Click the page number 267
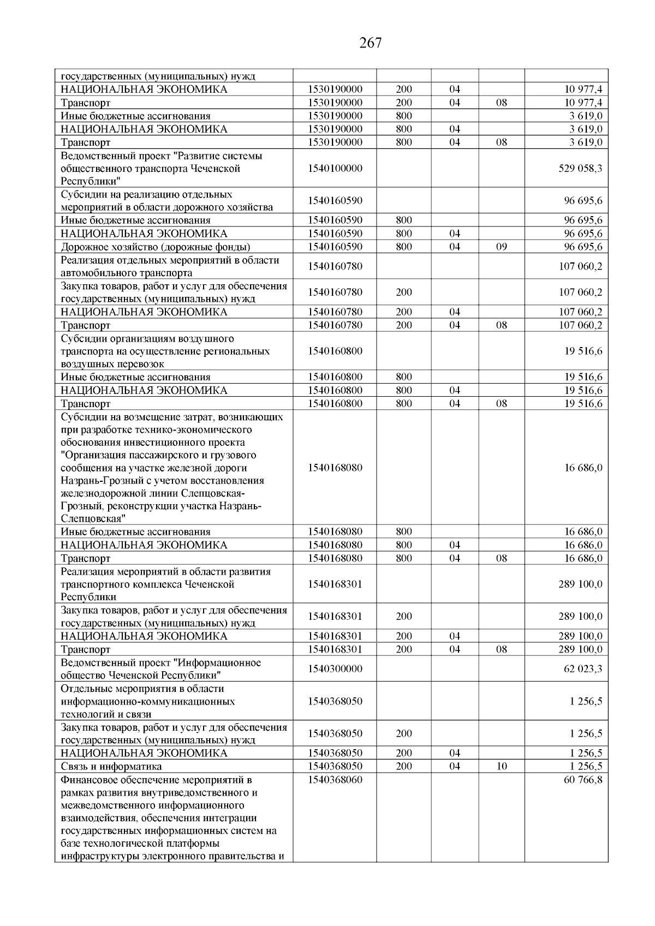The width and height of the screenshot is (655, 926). pyautogui.click(x=371, y=43)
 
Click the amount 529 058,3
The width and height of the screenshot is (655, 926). pyautogui.click(x=580, y=169)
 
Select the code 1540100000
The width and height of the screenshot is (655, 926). pyautogui.click(x=335, y=169)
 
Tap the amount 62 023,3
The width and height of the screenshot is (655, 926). pyautogui.click(x=583, y=669)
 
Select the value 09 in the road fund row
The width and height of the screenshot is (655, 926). pyautogui.click(x=501, y=247)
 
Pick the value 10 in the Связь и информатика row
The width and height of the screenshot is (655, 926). pyautogui.click(x=501, y=766)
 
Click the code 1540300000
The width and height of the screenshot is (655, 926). pyautogui.click(x=335, y=669)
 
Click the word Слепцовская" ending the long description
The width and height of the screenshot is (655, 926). pyautogui.click(x=93, y=519)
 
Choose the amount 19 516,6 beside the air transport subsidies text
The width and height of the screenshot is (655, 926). pyautogui.click(x=583, y=351)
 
